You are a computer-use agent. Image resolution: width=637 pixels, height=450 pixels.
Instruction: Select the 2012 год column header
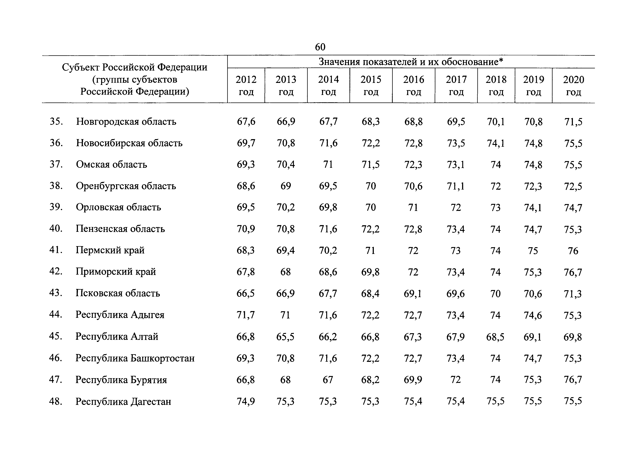pyautogui.click(x=246, y=85)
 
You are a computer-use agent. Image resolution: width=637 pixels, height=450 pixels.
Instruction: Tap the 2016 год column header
pyautogui.click(x=414, y=85)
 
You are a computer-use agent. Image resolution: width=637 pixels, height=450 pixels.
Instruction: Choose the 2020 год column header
pyautogui.click(x=573, y=85)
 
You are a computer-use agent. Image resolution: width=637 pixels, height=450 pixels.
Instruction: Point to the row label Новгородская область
pyautogui.click(x=126, y=121)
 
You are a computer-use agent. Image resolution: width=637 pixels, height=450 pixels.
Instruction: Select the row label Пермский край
pyautogui.click(x=110, y=250)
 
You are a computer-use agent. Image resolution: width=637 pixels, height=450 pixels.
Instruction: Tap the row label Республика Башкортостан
pyautogui.click(x=135, y=358)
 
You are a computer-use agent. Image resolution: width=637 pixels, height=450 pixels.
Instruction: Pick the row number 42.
pyautogui.click(x=56, y=271)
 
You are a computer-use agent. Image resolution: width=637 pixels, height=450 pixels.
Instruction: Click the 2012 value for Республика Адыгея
pyautogui.click(x=246, y=315)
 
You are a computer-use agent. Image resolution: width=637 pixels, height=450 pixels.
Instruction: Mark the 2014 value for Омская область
pyautogui.click(x=328, y=165)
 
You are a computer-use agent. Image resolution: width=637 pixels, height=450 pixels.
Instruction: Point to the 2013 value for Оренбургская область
pyautogui.click(x=286, y=186)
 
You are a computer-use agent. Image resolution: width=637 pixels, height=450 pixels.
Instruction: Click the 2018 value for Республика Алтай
pyautogui.click(x=496, y=337)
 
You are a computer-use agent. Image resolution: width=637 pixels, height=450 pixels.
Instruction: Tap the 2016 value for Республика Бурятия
pyautogui.click(x=413, y=380)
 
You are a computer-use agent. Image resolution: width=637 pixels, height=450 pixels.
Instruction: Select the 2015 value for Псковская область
pyautogui.click(x=370, y=293)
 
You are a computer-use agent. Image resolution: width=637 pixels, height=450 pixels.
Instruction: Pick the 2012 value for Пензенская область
pyautogui.click(x=246, y=229)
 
